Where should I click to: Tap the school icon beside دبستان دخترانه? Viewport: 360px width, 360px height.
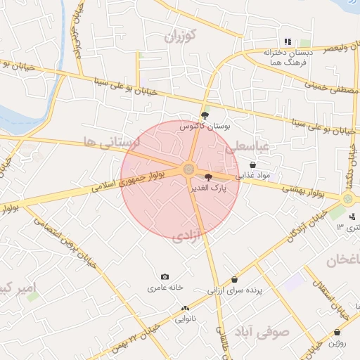click(x=288, y=41)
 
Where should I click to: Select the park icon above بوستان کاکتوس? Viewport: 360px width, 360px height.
click(x=205, y=115)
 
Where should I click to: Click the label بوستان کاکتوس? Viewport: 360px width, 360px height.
click(x=205, y=127)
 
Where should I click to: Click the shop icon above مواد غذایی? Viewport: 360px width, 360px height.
click(x=252, y=165)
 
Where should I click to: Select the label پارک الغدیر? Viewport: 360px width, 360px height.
click(x=213, y=188)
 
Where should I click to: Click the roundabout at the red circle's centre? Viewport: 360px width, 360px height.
click(x=188, y=169)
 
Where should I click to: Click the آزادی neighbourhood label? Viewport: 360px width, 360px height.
click(x=187, y=234)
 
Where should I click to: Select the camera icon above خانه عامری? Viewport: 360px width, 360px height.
click(x=165, y=277)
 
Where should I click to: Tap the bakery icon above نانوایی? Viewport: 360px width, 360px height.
click(x=186, y=308)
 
